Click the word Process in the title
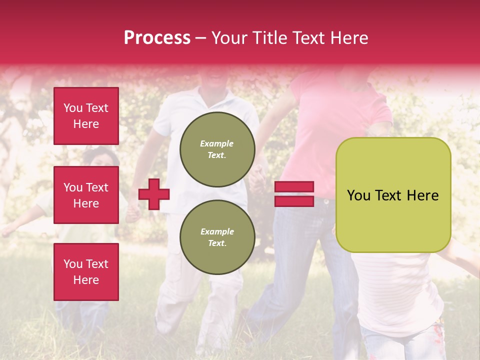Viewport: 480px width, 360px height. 157,38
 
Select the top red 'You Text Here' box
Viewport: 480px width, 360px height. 86,116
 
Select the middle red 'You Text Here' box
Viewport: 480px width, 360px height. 86,195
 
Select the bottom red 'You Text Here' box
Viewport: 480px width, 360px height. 86,271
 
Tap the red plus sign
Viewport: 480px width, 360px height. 154,194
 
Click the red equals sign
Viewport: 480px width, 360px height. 294,194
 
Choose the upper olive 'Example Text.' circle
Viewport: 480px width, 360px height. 217,149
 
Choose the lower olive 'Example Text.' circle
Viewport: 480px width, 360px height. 217,237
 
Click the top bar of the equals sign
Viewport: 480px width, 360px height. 294,187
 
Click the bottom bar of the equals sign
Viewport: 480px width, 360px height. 294,201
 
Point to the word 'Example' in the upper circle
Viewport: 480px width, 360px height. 217,143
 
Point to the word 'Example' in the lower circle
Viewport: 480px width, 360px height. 217,231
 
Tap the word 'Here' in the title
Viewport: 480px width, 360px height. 348,38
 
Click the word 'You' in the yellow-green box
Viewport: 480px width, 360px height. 359,195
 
